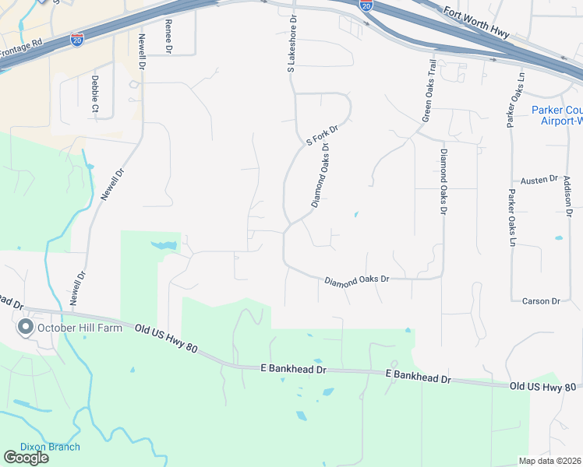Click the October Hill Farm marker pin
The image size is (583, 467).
tap(25, 328)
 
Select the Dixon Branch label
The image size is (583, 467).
tap(51, 447)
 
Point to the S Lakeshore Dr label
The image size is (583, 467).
tap(291, 45)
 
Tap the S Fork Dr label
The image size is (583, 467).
tap(322, 137)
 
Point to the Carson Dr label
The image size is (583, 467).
tap(541, 301)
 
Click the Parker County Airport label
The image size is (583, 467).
tap(557, 115)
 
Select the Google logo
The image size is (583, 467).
tap(26, 458)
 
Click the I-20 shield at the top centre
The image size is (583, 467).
tap(366, 5)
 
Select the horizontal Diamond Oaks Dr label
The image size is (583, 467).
tap(356, 279)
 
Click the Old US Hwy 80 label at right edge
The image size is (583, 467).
tap(543, 386)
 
